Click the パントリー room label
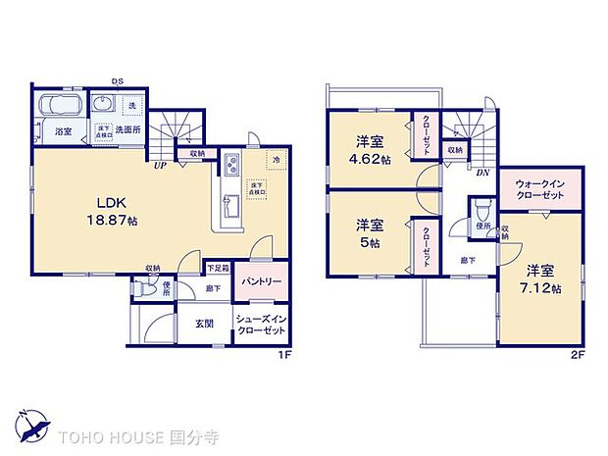(x=262, y=280)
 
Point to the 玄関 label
(x=203, y=325)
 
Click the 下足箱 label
(x=218, y=268)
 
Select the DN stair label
(x=482, y=171)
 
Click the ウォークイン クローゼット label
(x=542, y=190)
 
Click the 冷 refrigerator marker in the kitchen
(x=278, y=160)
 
